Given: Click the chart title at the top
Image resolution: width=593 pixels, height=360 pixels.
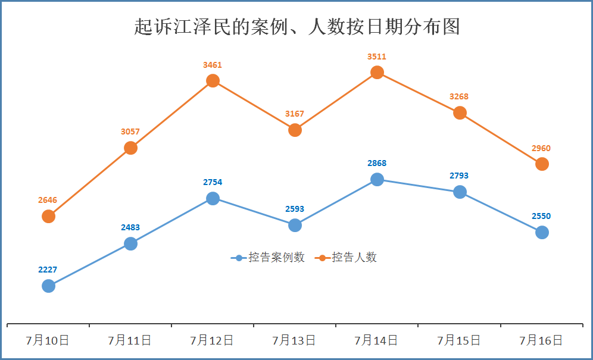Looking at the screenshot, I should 297,27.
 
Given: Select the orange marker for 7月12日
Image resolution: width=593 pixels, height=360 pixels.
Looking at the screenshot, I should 213,80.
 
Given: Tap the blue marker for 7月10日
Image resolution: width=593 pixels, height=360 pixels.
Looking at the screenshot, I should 49,286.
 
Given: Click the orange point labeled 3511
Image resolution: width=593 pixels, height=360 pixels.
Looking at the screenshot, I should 377,73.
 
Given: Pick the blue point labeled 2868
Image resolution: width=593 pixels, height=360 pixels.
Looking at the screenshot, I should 377,179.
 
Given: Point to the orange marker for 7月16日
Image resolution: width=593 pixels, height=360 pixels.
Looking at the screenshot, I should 542,164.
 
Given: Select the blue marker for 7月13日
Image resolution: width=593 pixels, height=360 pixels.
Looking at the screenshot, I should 295,225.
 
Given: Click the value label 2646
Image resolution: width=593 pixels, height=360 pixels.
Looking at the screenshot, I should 48,200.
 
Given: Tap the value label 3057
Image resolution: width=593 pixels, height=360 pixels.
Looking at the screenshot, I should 130,132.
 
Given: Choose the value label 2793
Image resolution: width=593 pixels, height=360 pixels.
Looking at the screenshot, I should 459,176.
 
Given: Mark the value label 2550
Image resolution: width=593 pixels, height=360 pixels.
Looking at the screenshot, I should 541,216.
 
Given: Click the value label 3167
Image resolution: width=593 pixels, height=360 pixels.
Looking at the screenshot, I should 295,114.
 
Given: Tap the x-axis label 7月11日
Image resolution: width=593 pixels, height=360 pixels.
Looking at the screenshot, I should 130,340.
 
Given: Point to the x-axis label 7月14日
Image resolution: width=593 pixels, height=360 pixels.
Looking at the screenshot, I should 377,340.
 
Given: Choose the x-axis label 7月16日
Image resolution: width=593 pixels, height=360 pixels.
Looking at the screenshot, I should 541,340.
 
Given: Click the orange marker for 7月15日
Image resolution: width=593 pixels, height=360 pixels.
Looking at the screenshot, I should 460,112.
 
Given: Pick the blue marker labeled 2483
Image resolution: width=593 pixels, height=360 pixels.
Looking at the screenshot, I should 130,243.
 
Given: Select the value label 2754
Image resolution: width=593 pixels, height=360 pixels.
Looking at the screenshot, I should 213,182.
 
